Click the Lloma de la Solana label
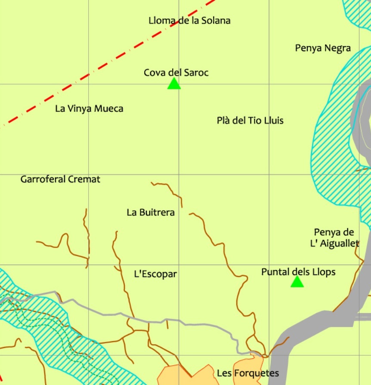189,20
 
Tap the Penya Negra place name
323,48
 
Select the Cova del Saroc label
176,72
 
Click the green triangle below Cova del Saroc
174,84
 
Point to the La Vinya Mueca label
89,109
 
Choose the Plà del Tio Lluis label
250,121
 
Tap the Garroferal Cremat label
60,179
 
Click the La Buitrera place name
151,212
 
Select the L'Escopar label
155,274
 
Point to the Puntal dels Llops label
298,272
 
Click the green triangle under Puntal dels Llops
297,282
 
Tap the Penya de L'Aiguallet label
334,238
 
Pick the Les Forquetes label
248,373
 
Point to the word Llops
325,272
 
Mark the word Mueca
109,109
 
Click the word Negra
338,48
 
